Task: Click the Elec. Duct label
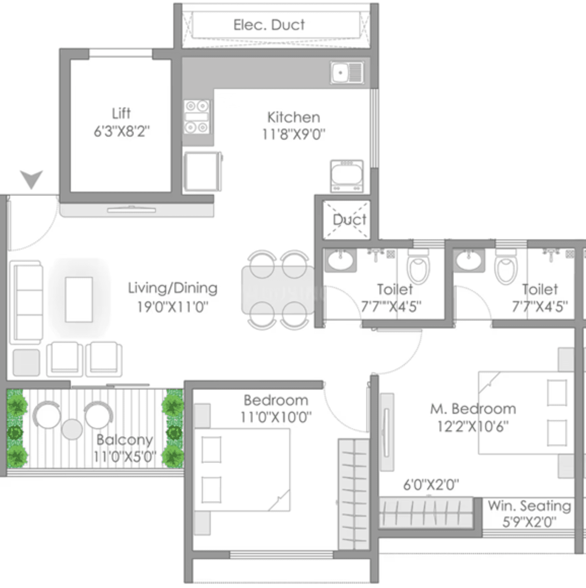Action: pyautogui.click(x=269, y=25)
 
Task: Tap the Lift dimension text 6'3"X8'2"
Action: pyautogui.click(x=121, y=132)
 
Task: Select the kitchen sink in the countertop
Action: pyautogui.click(x=347, y=73)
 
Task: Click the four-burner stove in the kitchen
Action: pyautogui.click(x=197, y=117)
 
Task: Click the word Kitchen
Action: pyautogui.click(x=294, y=118)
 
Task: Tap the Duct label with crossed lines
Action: pyautogui.click(x=349, y=220)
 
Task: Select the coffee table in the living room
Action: pyautogui.click(x=78, y=300)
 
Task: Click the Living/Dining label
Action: pyautogui.click(x=173, y=288)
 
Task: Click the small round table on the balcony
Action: pyautogui.click(x=72, y=429)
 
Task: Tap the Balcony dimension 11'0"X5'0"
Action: pyautogui.click(x=125, y=456)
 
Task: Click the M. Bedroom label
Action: pyautogui.click(x=473, y=409)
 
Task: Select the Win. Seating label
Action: pyautogui.click(x=529, y=506)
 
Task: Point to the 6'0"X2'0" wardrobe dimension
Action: pyautogui.click(x=431, y=485)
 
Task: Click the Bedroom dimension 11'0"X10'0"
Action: pyautogui.click(x=276, y=417)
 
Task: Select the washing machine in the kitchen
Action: pyautogui.click(x=346, y=176)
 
